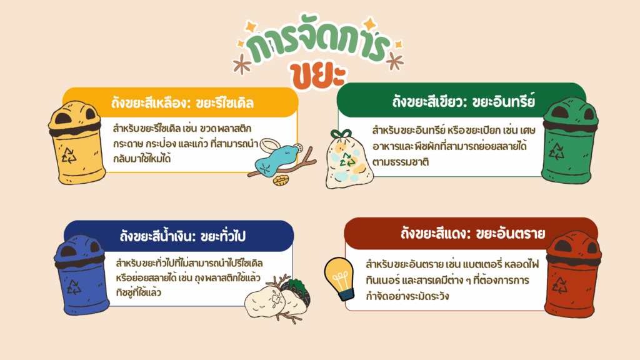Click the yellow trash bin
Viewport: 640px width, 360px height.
click(76, 142)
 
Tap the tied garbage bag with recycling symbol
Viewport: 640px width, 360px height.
click(348, 159)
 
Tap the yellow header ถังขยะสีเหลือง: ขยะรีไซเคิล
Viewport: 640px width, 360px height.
click(182, 103)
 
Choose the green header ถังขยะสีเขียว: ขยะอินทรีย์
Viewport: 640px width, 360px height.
click(464, 101)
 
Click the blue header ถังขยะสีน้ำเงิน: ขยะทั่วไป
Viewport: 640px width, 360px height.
click(182, 236)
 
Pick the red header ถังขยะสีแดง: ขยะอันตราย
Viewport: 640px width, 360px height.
click(472, 234)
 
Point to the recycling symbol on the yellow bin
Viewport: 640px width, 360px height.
click(69, 156)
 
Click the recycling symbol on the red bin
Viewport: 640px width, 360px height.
click(559, 285)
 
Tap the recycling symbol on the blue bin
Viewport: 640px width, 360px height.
click(74, 286)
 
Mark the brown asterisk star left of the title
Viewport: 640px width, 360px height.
click(242, 64)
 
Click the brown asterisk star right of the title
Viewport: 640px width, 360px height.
click(394, 61)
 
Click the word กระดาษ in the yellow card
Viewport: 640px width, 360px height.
click(127, 144)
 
